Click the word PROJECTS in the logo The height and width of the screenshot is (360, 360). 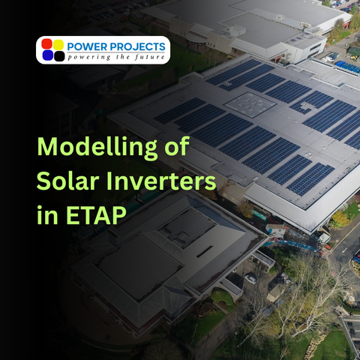coord(139,46)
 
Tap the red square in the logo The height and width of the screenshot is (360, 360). coord(47,43)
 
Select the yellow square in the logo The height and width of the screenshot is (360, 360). coord(58,43)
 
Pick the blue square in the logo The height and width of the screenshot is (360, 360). coord(47,55)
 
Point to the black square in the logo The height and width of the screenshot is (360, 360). coord(58,55)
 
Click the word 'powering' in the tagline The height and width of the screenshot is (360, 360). coord(90,57)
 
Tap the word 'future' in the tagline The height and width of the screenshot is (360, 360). coord(149,57)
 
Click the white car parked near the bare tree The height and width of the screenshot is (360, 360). coord(250,279)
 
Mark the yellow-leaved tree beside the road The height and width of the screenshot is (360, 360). coord(340,218)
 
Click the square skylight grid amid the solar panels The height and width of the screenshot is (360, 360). coord(250,104)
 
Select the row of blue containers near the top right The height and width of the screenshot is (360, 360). coord(347,67)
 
